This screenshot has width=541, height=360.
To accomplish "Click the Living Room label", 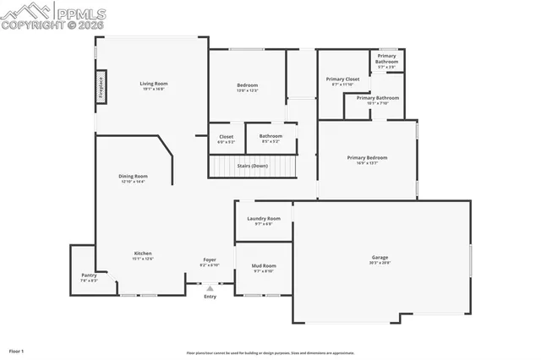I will coord(154,84).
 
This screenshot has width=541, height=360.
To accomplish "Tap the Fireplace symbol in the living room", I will coord(101,89).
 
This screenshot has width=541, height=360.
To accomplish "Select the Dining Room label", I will coord(133,177).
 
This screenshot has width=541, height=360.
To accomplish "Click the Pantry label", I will coord(89,275).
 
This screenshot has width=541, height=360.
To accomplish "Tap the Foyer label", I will coord(210,260).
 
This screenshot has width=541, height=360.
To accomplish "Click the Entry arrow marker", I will coord(210,289).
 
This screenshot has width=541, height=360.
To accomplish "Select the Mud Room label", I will coord(264,266).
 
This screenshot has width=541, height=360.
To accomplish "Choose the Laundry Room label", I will coord(264,219).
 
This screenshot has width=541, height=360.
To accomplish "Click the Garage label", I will coord(380,258).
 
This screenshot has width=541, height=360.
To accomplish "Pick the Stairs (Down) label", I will coord(252,166).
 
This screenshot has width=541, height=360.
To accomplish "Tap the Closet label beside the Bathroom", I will coord(227,137).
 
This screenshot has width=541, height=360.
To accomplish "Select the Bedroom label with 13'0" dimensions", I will coord(247,85).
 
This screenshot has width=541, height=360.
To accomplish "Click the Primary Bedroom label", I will coord(367,158).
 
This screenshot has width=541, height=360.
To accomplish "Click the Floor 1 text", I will coord(16,350).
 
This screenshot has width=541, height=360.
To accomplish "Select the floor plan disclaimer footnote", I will coord(270,353).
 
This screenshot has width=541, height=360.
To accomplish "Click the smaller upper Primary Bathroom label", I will coord(386,58).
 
